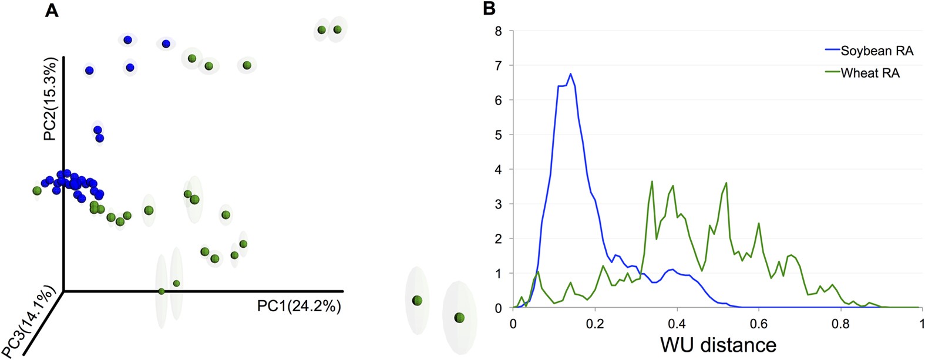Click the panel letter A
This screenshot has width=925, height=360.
(x=52, y=11)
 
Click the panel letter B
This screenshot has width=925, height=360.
(x=489, y=9)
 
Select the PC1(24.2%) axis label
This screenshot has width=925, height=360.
(x=299, y=306)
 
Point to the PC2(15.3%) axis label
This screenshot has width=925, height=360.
(x=51, y=99)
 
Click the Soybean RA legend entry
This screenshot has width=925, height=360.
(x=876, y=51)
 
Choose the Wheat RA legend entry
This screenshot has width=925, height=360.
(x=870, y=73)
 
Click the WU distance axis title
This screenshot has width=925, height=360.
(x=718, y=345)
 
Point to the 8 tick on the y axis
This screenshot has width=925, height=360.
(x=499, y=31)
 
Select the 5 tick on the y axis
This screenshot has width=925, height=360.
(x=499, y=135)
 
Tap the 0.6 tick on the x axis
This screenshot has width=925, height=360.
(x=759, y=324)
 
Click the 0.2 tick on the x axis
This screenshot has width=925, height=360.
(x=595, y=324)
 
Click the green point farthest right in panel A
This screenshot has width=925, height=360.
(x=459, y=318)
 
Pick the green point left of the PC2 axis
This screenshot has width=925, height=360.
(x=37, y=190)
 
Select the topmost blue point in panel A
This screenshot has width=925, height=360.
(x=127, y=40)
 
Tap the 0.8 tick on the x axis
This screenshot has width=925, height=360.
(x=840, y=324)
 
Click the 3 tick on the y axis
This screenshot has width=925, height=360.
(x=499, y=204)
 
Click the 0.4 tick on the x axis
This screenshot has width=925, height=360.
(x=677, y=324)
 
